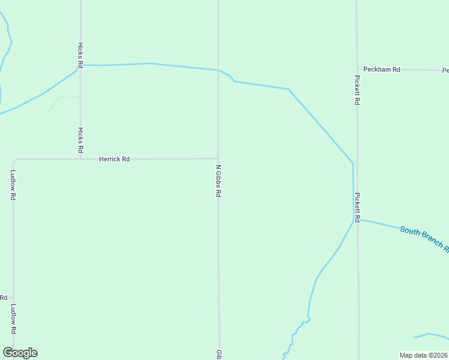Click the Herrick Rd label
click(114, 159)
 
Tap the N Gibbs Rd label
click(219, 181)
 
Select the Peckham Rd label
click(382, 70)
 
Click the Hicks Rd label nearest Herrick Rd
click(80, 140)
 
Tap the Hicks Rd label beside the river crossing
click(80, 55)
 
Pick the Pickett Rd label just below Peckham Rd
click(357, 90)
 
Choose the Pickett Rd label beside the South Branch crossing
click(357, 208)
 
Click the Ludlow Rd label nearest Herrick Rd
click(13, 185)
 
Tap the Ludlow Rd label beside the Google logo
click(13, 319)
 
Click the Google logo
click(20, 353)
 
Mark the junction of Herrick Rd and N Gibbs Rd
click(218, 158)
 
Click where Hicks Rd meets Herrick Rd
click(80, 159)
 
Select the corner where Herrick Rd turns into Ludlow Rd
click(14, 160)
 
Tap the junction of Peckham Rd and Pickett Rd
click(357, 70)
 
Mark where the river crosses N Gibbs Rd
click(218, 70)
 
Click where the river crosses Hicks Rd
click(80, 65)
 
